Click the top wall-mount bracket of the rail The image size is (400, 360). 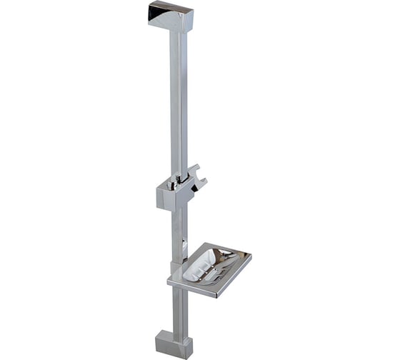pyautogui.click(x=172, y=16)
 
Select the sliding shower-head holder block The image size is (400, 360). pyautogui.click(x=171, y=193)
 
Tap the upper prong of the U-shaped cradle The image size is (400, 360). pyautogui.click(x=192, y=170)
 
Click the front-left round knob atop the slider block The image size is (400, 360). pyautogui.click(x=171, y=184)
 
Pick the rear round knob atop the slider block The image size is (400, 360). pyautogui.click(x=179, y=176)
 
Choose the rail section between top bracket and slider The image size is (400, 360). pyautogui.click(x=179, y=100)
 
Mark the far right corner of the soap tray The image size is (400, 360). pyautogui.click(x=250, y=255)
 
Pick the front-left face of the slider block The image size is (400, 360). pyautogui.click(x=164, y=198)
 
